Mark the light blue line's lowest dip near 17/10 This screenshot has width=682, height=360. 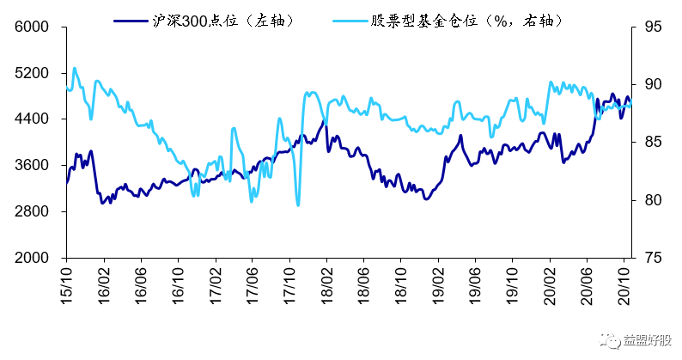coord(298,204)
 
